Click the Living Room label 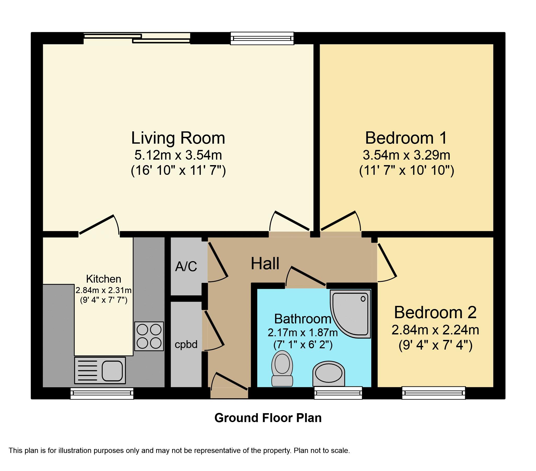178,138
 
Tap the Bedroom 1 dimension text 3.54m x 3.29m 407,155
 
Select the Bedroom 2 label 435,312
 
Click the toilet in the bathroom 282,368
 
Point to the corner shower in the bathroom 351,313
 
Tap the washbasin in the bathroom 329,374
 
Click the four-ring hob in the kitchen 149,337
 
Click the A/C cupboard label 186,267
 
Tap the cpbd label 186,345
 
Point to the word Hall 265,263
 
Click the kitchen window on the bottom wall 102,393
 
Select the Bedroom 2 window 434,393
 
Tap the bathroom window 338,393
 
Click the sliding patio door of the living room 137,38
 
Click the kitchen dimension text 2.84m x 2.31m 104,290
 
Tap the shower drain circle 363,299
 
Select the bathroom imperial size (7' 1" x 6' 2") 303,345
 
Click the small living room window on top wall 262,38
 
